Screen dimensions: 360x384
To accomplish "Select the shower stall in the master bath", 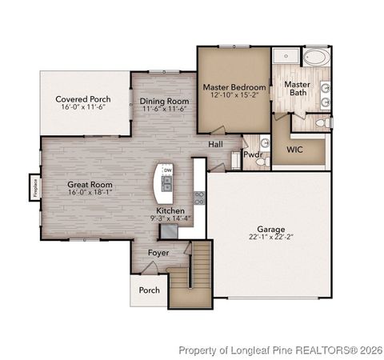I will pyautogui.click(x=284, y=56).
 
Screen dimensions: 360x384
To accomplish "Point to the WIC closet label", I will pyautogui.click(x=295, y=150).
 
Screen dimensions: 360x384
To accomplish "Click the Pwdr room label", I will pyautogui.click(x=253, y=154).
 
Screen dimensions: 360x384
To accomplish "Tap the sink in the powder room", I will pyautogui.click(x=265, y=143).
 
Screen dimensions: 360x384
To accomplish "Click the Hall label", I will pyautogui.click(x=216, y=145).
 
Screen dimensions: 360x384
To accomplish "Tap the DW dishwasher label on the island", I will pyautogui.click(x=167, y=170).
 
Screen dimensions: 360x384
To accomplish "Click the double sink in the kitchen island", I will pyautogui.click(x=167, y=186).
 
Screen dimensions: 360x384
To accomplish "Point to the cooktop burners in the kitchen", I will pyautogui.click(x=199, y=197).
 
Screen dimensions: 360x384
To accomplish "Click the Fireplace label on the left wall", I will pyautogui.click(x=35, y=187).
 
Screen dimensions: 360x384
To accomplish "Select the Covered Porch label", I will pyautogui.click(x=83, y=101).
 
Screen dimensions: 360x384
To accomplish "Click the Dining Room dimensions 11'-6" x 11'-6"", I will pyautogui.click(x=164, y=110).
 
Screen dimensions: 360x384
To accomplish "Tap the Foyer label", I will pyautogui.click(x=158, y=253).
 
